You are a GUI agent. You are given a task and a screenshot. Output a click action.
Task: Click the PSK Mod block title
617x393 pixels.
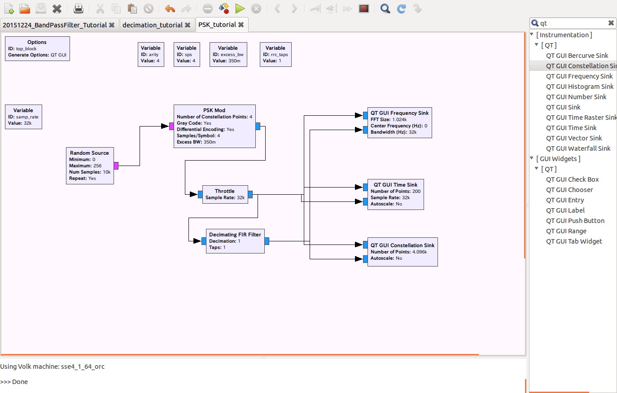(x=214, y=110)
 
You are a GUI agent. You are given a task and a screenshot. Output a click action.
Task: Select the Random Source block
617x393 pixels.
(x=90, y=166)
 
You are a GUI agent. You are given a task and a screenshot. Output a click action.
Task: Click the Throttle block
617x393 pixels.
(x=225, y=194)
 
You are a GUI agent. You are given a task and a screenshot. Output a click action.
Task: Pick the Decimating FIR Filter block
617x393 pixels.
(x=235, y=241)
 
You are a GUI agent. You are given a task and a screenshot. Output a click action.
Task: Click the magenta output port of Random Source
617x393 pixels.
(x=116, y=166)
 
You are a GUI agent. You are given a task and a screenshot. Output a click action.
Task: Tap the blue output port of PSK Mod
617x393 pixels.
(x=258, y=127)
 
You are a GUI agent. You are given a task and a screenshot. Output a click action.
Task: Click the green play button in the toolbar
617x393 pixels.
(x=240, y=9)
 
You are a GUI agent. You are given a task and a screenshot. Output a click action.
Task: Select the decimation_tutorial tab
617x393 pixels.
(x=153, y=25)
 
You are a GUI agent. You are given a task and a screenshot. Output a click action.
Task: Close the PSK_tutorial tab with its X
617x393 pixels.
(x=241, y=25)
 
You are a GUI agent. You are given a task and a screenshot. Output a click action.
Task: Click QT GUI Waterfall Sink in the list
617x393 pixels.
(x=578, y=148)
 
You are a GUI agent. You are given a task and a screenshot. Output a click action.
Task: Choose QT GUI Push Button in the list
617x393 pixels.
(x=575, y=221)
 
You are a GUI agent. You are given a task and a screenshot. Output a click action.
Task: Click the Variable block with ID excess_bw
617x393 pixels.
(x=228, y=54)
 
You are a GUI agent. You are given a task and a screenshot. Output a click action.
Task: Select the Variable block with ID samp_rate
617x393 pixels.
(x=23, y=117)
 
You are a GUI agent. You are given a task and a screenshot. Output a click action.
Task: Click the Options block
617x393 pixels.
(x=37, y=48)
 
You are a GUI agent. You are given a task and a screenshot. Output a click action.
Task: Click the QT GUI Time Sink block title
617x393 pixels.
(x=395, y=185)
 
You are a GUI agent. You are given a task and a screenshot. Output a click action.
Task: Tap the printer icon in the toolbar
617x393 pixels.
(x=79, y=9)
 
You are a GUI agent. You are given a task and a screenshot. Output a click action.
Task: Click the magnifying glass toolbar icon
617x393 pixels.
(x=385, y=9)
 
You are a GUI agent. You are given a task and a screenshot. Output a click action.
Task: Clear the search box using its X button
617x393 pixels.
(x=611, y=23)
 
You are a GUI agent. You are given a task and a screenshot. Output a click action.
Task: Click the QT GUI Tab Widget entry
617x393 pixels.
(x=574, y=241)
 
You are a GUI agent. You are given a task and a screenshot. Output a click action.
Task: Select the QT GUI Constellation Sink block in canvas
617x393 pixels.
(x=402, y=252)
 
